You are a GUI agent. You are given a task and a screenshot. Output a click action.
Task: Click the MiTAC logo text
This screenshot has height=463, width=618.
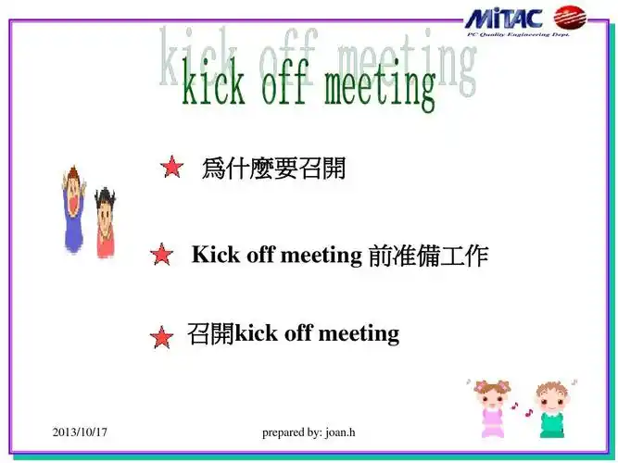click(x=505, y=18)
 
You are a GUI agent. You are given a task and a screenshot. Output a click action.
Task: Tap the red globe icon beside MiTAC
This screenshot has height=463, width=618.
click(x=570, y=18)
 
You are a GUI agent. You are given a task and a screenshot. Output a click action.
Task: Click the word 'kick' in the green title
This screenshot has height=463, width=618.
click(x=213, y=86)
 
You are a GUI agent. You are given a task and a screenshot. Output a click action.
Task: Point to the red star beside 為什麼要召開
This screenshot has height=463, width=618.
click(x=171, y=168)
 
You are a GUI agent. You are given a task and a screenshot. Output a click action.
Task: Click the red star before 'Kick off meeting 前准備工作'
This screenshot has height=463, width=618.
click(x=161, y=255)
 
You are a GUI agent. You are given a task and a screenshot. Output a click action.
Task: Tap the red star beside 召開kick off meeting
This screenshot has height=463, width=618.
click(x=161, y=338)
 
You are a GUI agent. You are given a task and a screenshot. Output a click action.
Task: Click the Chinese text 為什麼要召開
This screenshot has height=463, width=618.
click(x=273, y=169)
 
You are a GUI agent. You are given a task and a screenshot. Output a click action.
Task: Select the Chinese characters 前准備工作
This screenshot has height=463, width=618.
click(x=427, y=256)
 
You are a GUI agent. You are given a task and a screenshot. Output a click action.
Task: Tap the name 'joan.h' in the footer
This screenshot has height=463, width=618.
click(x=340, y=432)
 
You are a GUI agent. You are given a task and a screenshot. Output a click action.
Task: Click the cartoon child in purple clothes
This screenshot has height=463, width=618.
click(x=73, y=208)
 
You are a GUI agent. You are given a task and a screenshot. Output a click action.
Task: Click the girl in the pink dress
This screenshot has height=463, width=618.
click(x=492, y=407)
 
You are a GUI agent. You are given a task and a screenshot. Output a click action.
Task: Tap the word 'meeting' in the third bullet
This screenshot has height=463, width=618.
click(x=359, y=332)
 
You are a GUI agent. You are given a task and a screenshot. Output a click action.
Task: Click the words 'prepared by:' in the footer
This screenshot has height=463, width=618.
click(x=292, y=432)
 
